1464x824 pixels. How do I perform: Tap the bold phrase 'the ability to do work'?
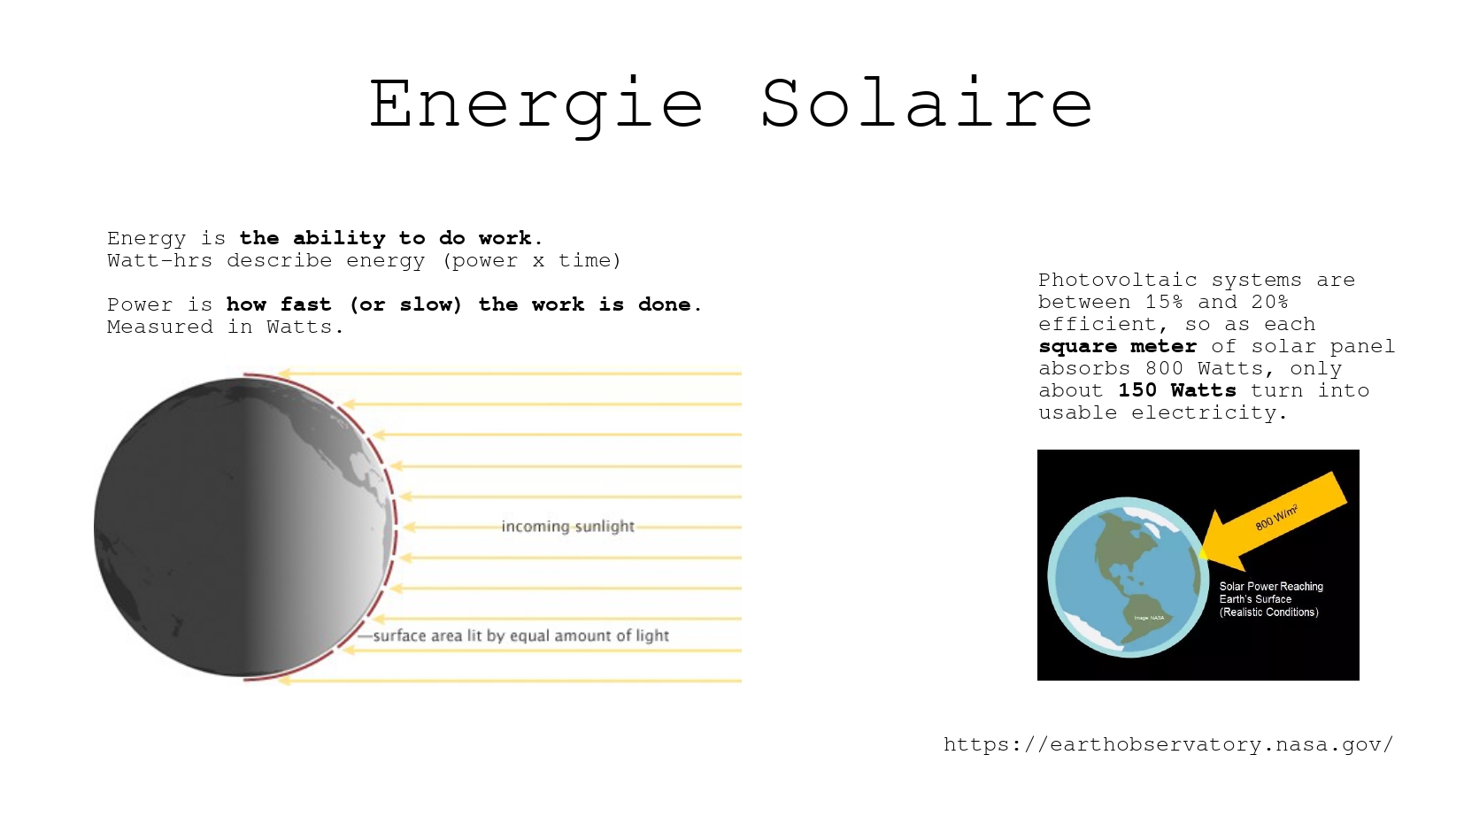click(386, 238)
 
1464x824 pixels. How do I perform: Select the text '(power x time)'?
click(531, 261)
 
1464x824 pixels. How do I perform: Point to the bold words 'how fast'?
click(279, 304)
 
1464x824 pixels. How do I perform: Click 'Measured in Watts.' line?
click(226, 327)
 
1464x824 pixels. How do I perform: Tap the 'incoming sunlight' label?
click(567, 526)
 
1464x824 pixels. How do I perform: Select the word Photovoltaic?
click(1118, 281)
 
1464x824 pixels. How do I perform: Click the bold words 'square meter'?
click(1118, 346)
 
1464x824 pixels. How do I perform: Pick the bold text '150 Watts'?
click(1177, 390)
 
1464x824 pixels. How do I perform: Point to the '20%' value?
click(1270, 302)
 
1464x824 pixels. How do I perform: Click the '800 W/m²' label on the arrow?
click(1276, 518)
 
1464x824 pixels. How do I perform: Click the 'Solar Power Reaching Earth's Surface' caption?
click(1271, 593)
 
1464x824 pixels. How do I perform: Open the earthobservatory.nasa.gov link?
click(1168, 744)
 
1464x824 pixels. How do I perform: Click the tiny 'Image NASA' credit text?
click(1149, 618)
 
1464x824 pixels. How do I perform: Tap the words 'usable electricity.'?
click(1163, 413)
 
